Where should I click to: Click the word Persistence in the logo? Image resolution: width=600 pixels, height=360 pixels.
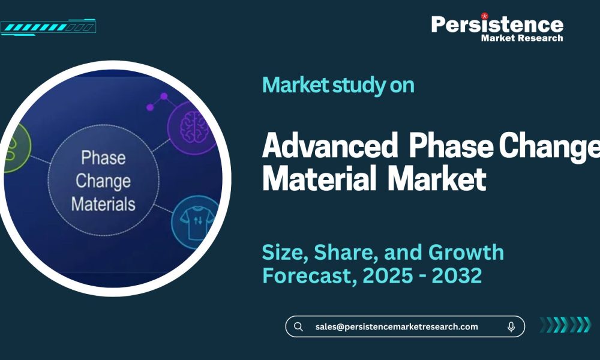click(x=497, y=24)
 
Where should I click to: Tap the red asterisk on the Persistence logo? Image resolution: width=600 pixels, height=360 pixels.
click(x=485, y=16)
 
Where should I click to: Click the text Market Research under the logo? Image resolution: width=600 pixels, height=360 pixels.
click(x=522, y=38)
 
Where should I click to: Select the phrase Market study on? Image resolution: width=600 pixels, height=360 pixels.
click(x=338, y=85)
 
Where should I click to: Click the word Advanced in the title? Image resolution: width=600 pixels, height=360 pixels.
click(x=330, y=147)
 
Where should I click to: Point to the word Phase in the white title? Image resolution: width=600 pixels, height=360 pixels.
click(x=451, y=147)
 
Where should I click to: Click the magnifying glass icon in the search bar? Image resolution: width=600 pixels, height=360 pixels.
click(x=298, y=326)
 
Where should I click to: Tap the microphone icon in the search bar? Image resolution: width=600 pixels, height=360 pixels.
click(x=511, y=326)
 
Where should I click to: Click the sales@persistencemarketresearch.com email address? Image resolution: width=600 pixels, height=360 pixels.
click(x=397, y=326)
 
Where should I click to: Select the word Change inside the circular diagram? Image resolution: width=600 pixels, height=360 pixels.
click(x=103, y=181)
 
